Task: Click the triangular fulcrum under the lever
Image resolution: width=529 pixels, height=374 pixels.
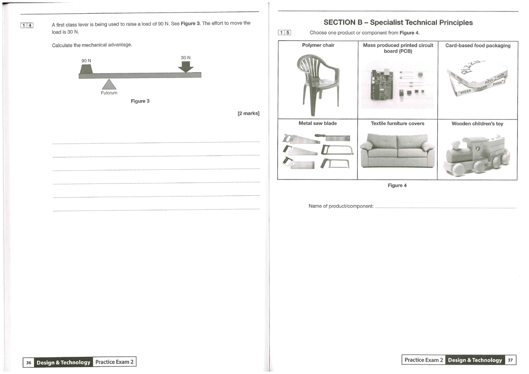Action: [x=109, y=85]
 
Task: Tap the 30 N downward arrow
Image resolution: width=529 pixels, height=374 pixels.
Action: [x=186, y=67]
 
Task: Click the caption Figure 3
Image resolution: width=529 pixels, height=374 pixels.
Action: [x=140, y=101]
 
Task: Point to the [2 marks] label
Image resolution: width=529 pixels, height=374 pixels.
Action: [x=248, y=113]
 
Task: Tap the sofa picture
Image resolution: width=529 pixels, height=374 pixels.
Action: [x=397, y=151]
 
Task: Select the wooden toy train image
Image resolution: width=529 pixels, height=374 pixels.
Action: [x=477, y=154]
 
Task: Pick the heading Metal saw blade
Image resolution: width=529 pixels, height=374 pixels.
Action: [x=317, y=123]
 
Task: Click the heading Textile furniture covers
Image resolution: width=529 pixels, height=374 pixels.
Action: [x=397, y=123]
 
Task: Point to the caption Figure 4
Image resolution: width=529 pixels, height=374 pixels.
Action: [x=397, y=186]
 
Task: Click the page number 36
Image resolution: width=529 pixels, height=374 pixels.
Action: [x=29, y=363]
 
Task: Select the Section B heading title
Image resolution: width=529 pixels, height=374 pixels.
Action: [x=398, y=22]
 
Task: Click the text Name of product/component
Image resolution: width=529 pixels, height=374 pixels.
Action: [x=341, y=206]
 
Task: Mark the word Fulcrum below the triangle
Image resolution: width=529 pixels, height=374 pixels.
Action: [x=109, y=93]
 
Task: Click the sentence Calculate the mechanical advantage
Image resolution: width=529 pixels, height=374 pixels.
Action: [x=92, y=45]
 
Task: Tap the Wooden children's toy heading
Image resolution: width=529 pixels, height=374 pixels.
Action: [x=477, y=124]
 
